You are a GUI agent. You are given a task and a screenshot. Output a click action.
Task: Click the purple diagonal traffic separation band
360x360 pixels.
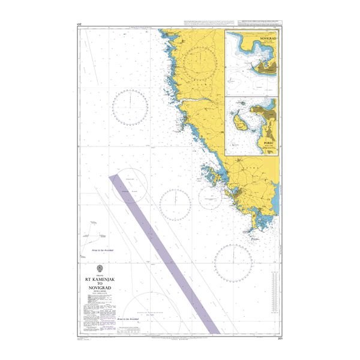point(165,252)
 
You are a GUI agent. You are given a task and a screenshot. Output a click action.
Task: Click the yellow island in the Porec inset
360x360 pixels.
point(240,125)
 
